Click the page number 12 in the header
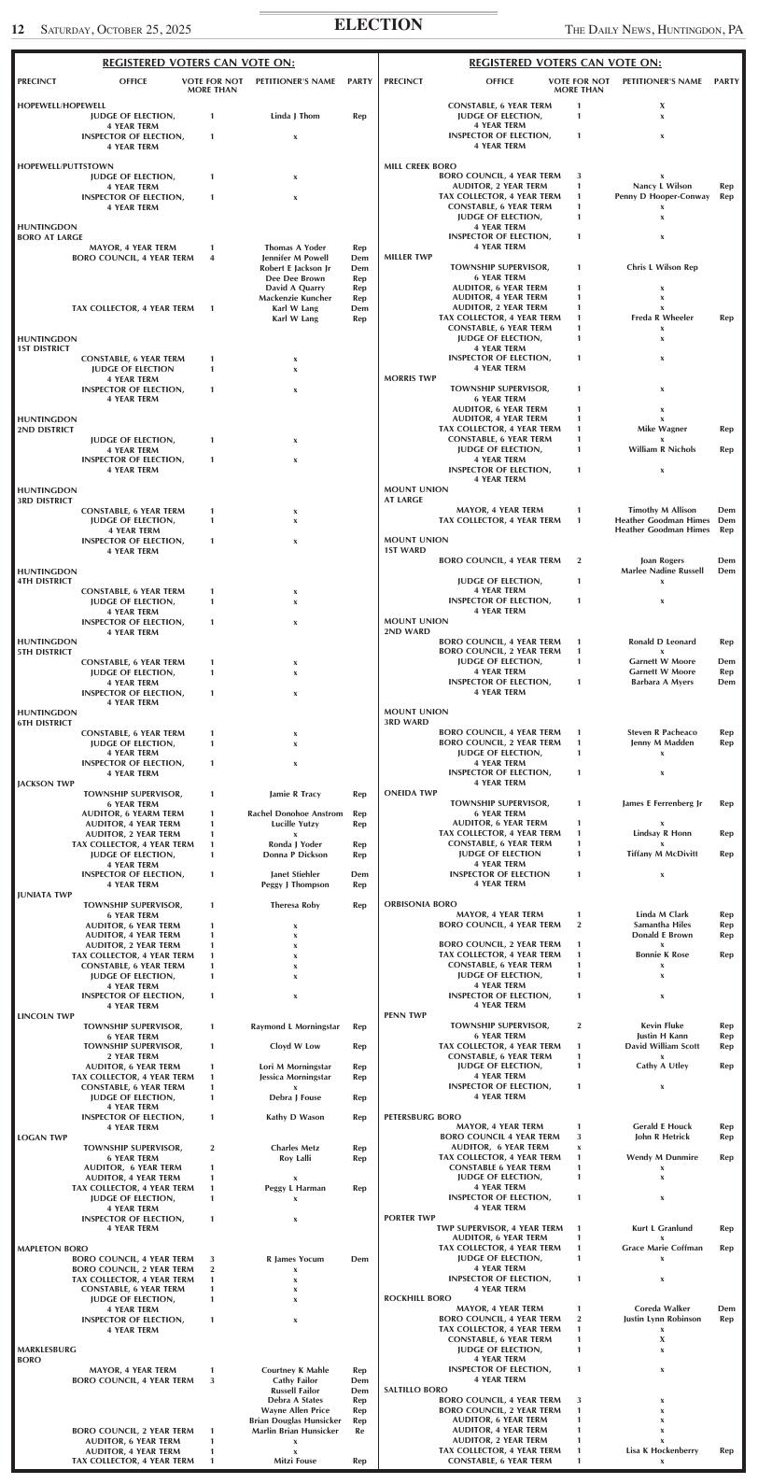pyautogui.click(x=17, y=30)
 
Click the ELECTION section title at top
pyautogui.click(x=378, y=25)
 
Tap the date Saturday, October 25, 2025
pyautogui.click(x=116, y=30)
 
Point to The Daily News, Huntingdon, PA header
pyautogui.click(x=653, y=30)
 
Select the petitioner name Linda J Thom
pyautogui.click(x=295, y=116)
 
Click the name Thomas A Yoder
pyautogui.click(x=295, y=247)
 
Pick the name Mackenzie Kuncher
pyautogui.click(x=295, y=298)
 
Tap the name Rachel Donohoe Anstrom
pyautogui.click(x=295, y=813)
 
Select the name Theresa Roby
pyautogui.click(x=295, y=905)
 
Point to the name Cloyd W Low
pyautogui.click(x=295, y=1046)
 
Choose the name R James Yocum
pyautogui.click(x=295, y=1259)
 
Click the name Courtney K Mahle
pyautogui.click(x=295, y=1370)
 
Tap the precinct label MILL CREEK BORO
pyautogui.click(x=420, y=166)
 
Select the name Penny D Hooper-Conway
pyautogui.click(x=662, y=196)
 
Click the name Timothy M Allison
pyautogui.click(x=662, y=510)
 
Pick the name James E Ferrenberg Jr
pyautogui.click(x=662, y=803)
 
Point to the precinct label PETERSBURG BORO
pyautogui.click(x=422, y=1117)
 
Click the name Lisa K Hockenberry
pyautogui.click(x=662, y=1450)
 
